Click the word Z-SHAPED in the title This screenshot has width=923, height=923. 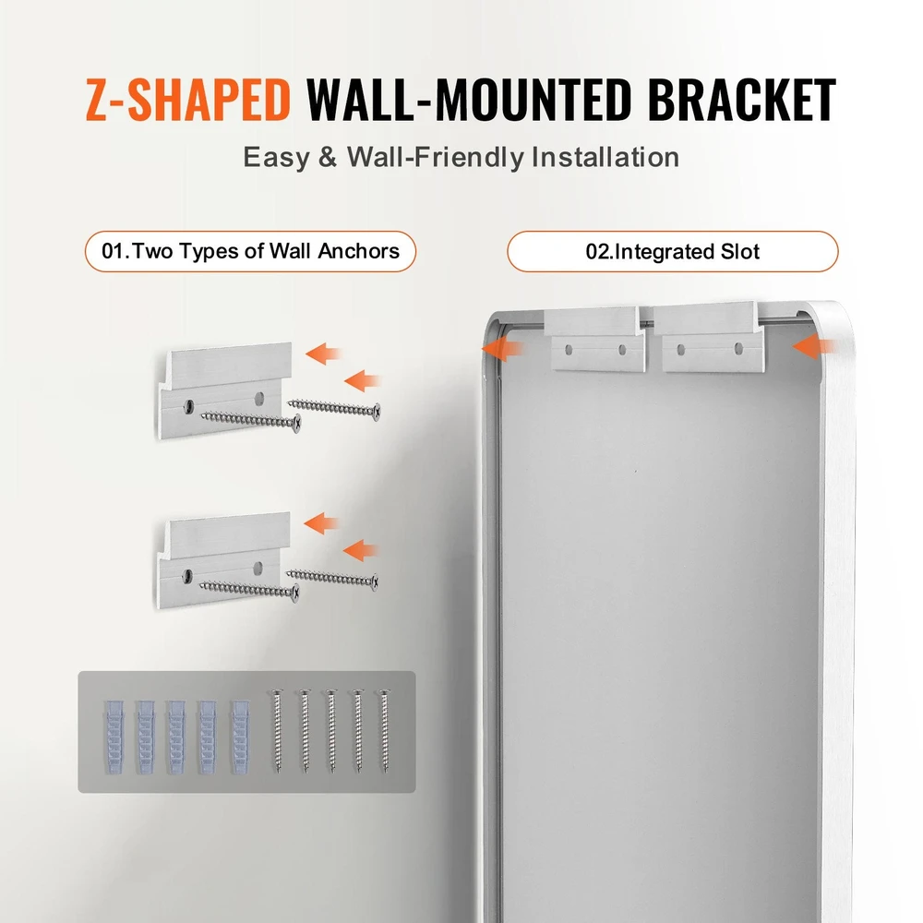tap(188, 99)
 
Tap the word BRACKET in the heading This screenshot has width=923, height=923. tap(742, 99)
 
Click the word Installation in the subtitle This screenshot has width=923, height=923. tap(605, 157)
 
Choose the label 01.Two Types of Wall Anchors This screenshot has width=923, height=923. tap(251, 251)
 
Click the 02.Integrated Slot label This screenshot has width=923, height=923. tap(672, 251)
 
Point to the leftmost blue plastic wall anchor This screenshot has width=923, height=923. tap(114, 737)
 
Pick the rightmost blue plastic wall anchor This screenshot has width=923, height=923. tap(240, 737)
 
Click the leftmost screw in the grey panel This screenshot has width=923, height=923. tap(277, 730)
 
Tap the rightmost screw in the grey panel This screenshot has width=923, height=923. tap(384, 730)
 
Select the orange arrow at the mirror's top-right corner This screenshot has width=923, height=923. tap(814, 346)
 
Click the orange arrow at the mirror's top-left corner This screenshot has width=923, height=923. tap(503, 349)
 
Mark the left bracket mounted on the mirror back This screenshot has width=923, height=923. tap(595, 339)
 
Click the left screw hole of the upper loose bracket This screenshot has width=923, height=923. tap(189, 405)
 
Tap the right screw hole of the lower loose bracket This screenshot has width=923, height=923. tap(258, 568)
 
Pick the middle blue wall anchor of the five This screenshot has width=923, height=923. tap(176, 737)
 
